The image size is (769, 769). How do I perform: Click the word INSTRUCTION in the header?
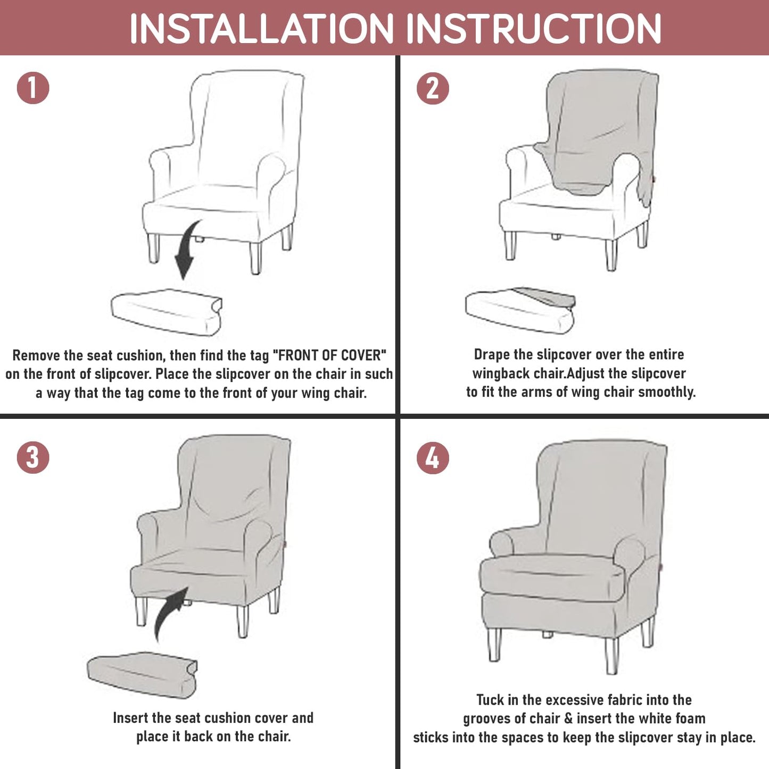(x=534, y=29)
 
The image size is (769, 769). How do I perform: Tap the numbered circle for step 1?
(x=33, y=88)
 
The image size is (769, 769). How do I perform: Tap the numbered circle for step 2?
(x=433, y=88)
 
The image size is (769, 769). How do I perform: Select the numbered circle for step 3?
(x=33, y=457)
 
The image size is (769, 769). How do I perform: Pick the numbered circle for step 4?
(x=433, y=457)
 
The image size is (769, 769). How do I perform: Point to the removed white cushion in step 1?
(x=167, y=312)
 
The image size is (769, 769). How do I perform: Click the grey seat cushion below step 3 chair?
(x=142, y=675)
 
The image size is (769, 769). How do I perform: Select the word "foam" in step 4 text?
(x=690, y=719)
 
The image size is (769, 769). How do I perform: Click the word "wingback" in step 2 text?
(x=501, y=374)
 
